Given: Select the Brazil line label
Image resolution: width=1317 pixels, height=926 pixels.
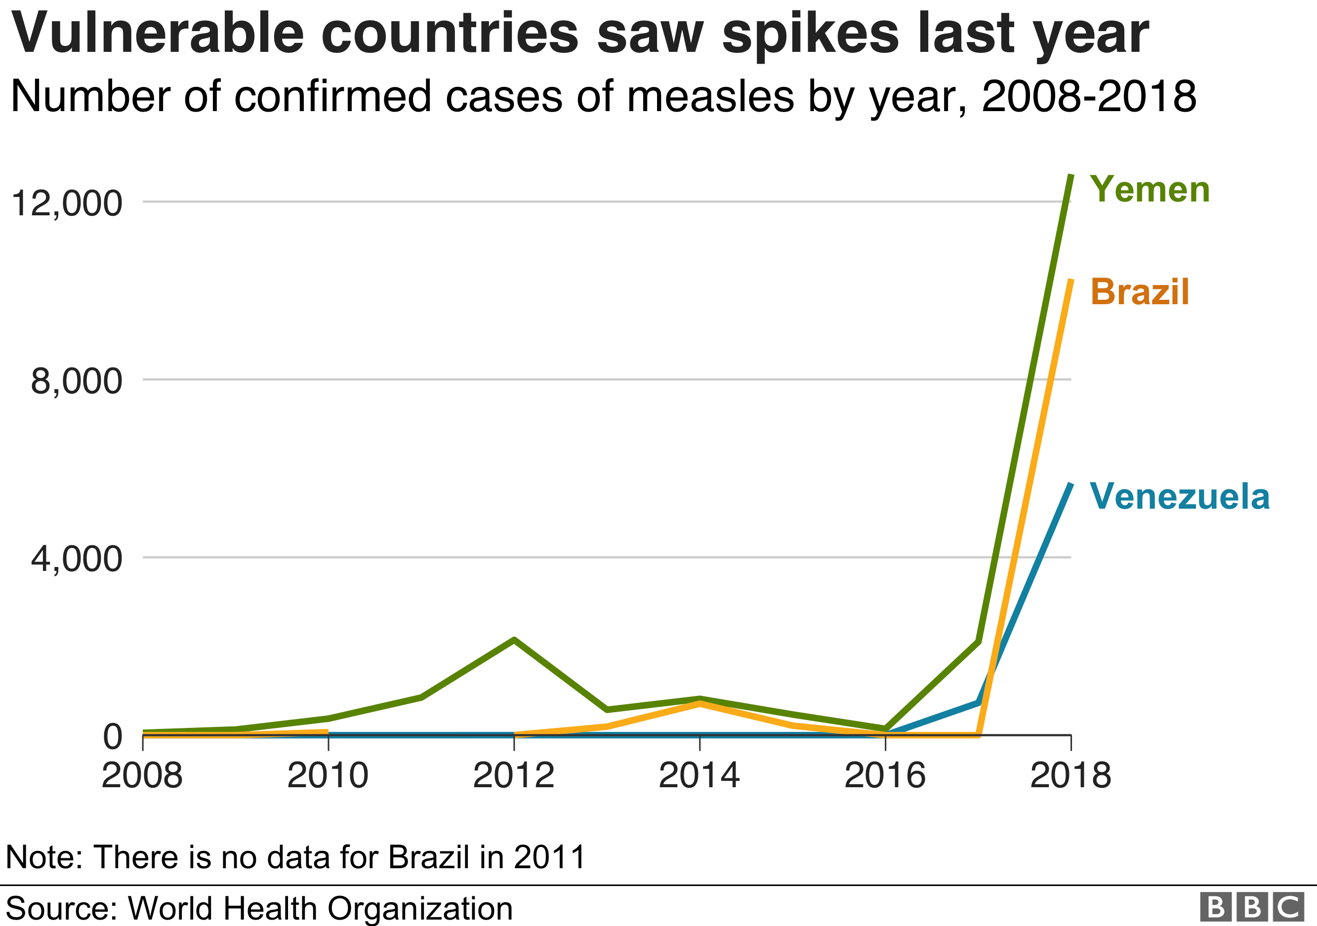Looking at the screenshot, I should coord(1140,292).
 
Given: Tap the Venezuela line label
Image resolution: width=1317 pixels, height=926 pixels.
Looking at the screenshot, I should coord(1179,496).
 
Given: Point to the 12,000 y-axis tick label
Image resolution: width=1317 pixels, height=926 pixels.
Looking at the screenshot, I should coord(67,203).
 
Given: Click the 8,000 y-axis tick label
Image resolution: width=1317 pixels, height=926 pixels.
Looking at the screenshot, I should coord(76,381).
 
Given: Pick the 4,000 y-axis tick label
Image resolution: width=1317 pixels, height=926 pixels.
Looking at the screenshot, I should coord(76,559).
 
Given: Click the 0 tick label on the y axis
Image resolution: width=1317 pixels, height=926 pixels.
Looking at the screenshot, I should coord(113,737).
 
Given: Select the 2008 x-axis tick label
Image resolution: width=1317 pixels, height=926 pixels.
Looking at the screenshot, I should coord(142,776).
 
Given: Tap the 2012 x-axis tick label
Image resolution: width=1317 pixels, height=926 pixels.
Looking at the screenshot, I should coord(513,776).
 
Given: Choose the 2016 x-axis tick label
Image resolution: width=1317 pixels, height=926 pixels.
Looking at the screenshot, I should coord(885,776).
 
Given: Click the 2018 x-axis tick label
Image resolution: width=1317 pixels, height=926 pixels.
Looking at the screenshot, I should coord(1070,776).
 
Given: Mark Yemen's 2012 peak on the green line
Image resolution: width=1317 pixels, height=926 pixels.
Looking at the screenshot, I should coord(514,640).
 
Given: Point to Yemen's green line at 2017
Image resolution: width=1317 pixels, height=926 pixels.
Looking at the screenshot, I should coord(979,642).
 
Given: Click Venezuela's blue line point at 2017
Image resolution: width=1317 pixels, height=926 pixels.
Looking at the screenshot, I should coord(978,702).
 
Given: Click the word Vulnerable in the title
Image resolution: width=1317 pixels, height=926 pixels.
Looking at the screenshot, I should coord(158,33).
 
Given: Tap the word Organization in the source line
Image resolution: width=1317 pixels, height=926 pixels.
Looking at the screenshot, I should coord(419,909).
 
